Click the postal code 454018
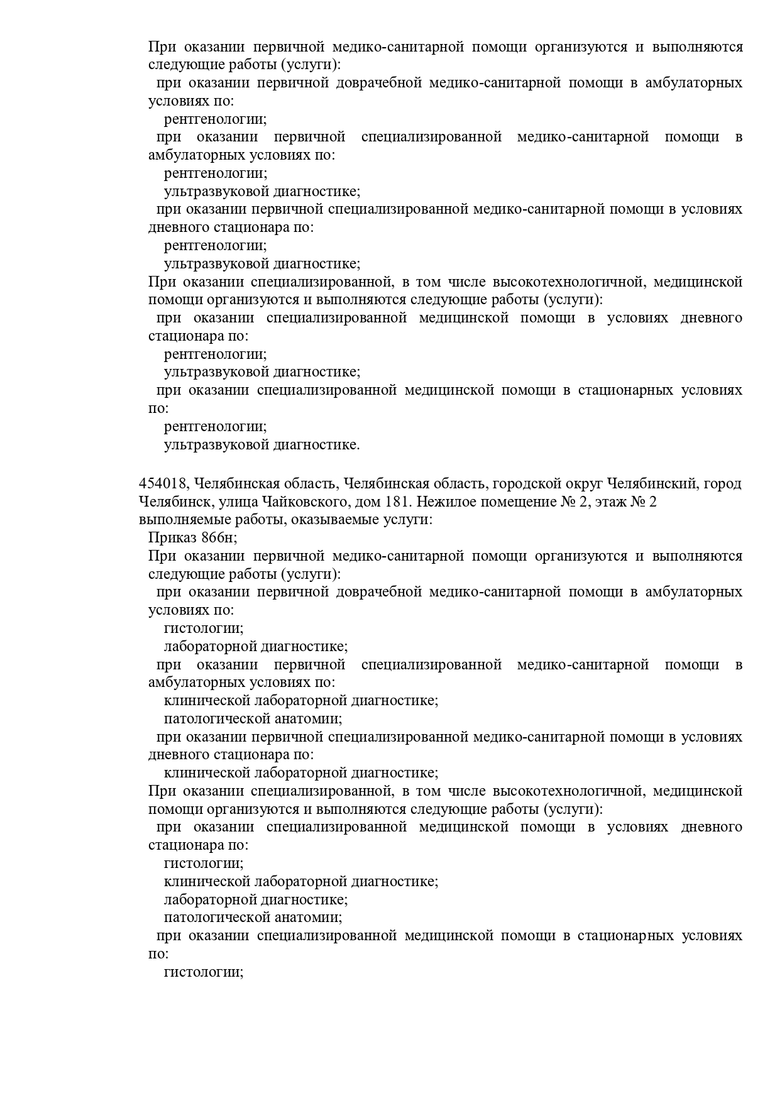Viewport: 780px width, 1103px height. pos(163,484)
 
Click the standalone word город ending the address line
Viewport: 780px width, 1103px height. pos(722,484)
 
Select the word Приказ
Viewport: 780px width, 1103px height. pos(172,538)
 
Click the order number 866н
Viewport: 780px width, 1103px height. pos(219,538)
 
